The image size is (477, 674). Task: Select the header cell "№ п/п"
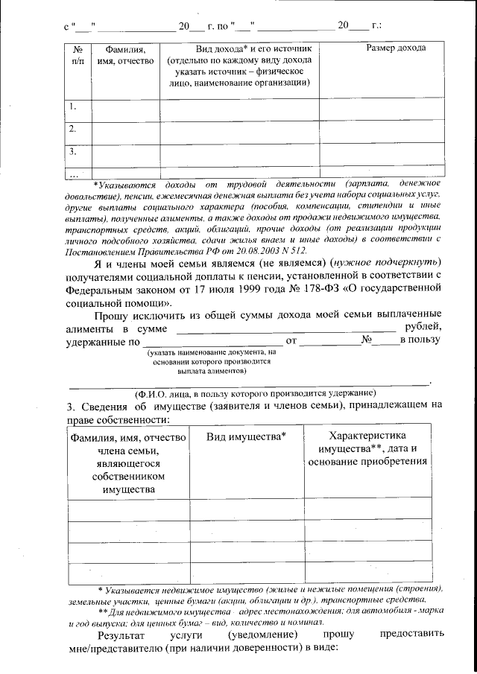pyautogui.click(x=77, y=54)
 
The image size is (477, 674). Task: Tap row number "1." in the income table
pyautogui.click(x=73, y=106)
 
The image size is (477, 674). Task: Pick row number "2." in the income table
pyautogui.click(x=73, y=129)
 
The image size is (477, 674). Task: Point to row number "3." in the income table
pyautogui.click(x=73, y=151)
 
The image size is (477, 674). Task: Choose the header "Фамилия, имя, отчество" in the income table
pyautogui.click(x=124, y=54)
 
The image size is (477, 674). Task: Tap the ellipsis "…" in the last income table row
pyautogui.click(x=73, y=174)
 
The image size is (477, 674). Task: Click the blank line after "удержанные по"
pyautogui.click(x=208, y=341)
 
